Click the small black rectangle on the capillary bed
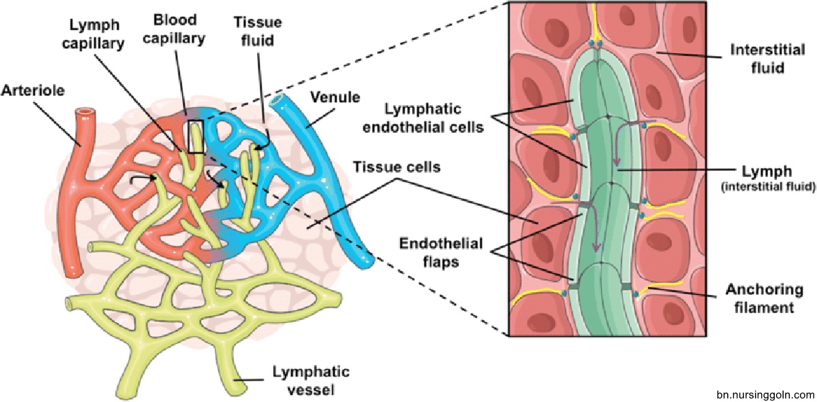(196, 136)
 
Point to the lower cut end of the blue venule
(367, 260)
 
